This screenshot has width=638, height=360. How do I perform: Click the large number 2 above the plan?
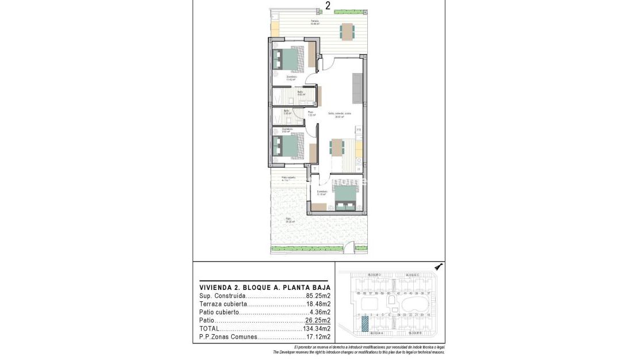pyautogui.click(x=328, y=6)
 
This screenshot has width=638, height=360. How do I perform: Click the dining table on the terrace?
pyautogui.click(x=347, y=31)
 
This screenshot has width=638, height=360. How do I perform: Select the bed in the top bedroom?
pyautogui.click(x=289, y=58)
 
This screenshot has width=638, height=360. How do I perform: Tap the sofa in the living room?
pyautogui.click(x=358, y=86)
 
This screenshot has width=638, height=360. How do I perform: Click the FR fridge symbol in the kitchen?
pyautogui.click(x=359, y=130)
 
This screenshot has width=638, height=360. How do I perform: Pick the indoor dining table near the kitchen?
pyautogui.click(x=337, y=147)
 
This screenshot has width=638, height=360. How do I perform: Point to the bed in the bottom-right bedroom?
pyautogui.click(x=345, y=197)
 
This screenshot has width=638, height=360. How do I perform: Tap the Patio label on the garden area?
pyautogui.click(x=289, y=219)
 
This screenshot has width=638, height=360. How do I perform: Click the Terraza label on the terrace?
pyautogui.click(x=314, y=21)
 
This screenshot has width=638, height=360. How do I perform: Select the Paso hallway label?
pyautogui.click(x=311, y=113)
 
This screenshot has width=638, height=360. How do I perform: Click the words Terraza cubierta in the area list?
pyautogui.click(x=224, y=304)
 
